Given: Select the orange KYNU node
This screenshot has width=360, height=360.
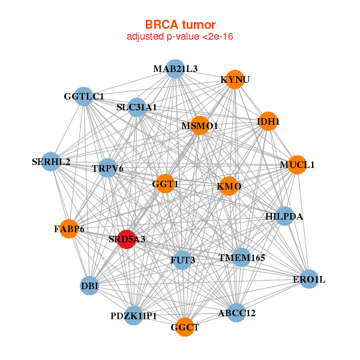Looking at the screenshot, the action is tap(235, 80).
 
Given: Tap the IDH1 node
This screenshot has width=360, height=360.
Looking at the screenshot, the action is tap(268, 121).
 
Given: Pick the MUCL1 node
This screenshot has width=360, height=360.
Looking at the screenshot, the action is tap(297, 164).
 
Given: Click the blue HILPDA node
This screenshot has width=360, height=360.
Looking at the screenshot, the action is tap(284, 216).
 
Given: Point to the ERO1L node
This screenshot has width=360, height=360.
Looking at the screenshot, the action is tap(309, 280).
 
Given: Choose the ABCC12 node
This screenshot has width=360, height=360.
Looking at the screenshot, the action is tap(236, 313).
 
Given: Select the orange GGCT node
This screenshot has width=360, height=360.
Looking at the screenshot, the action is tap(185, 327).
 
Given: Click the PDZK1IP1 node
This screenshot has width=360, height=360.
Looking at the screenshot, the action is tap(133, 316).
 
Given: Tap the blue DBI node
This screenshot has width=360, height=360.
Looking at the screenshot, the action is tap(89, 286).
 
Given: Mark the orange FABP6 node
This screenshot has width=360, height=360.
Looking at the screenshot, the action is tap(70, 229).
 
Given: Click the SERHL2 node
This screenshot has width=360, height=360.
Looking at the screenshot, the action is tap(51, 162).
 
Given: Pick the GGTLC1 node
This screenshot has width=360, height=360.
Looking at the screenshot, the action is tap(84, 96).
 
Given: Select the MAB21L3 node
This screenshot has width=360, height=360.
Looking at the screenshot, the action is tap(175, 68).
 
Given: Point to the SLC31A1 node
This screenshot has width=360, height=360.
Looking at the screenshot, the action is tap(137, 107).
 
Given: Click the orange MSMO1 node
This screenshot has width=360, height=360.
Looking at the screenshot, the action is tap(200, 126).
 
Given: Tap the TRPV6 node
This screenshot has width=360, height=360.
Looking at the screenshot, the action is tap(108, 169).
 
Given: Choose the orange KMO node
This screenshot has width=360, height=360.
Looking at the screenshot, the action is tap(229, 187).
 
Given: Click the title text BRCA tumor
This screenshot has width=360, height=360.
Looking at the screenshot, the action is tap(180, 25).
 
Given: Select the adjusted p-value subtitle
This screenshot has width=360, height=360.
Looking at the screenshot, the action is tap(180, 37).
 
